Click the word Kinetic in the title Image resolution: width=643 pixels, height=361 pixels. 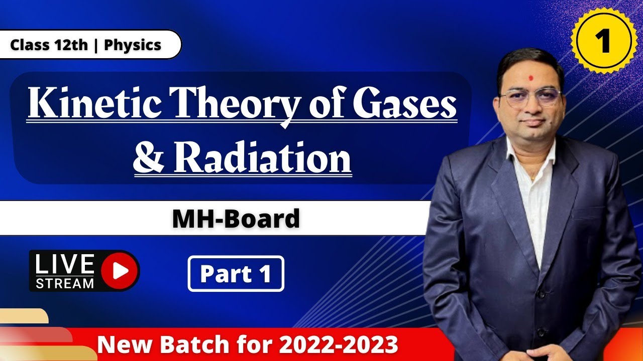pyautogui.click(x=94, y=103)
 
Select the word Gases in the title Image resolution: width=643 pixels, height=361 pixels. pyautogui.click(x=405, y=103)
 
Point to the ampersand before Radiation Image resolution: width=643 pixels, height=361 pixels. pyautogui.click(x=148, y=157)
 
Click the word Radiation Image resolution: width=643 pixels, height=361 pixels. pyautogui.click(x=263, y=157)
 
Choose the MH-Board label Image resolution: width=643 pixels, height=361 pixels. pyautogui.click(x=236, y=218)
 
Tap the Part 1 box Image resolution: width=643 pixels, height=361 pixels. pyautogui.click(x=236, y=274)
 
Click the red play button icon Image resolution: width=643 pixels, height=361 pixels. pyautogui.click(x=120, y=270)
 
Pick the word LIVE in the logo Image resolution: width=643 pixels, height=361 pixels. pyautogui.click(x=65, y=264)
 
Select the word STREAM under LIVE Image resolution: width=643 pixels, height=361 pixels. pyautogui.click(x=65, y=283)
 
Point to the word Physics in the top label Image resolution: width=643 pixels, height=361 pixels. pyautogui.click(x=132, y=45)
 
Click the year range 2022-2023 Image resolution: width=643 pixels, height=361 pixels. pyautogui.click(x=338, y=344)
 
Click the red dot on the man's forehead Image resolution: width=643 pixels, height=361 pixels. pyautogui.click(x=531, y=78)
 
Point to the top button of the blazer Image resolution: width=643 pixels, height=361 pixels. pyautogui.click(x=541, y=294)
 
